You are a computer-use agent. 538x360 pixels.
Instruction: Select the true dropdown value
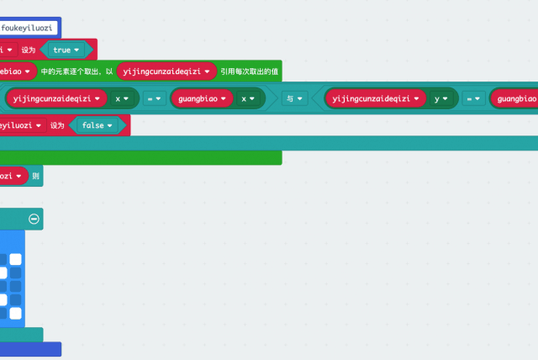66,50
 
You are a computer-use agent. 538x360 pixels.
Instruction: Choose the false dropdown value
99,125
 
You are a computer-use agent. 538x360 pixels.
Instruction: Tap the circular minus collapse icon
34,219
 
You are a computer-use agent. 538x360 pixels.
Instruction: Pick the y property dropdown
440,98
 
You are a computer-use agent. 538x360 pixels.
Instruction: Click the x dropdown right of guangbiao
249,98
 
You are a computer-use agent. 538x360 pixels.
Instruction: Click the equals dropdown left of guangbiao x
156,98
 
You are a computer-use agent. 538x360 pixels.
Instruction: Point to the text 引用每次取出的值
250,71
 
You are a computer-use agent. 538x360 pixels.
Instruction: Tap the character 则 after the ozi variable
34,176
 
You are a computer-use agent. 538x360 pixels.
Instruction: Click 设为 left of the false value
57,125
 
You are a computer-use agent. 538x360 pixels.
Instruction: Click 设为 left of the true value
27,50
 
